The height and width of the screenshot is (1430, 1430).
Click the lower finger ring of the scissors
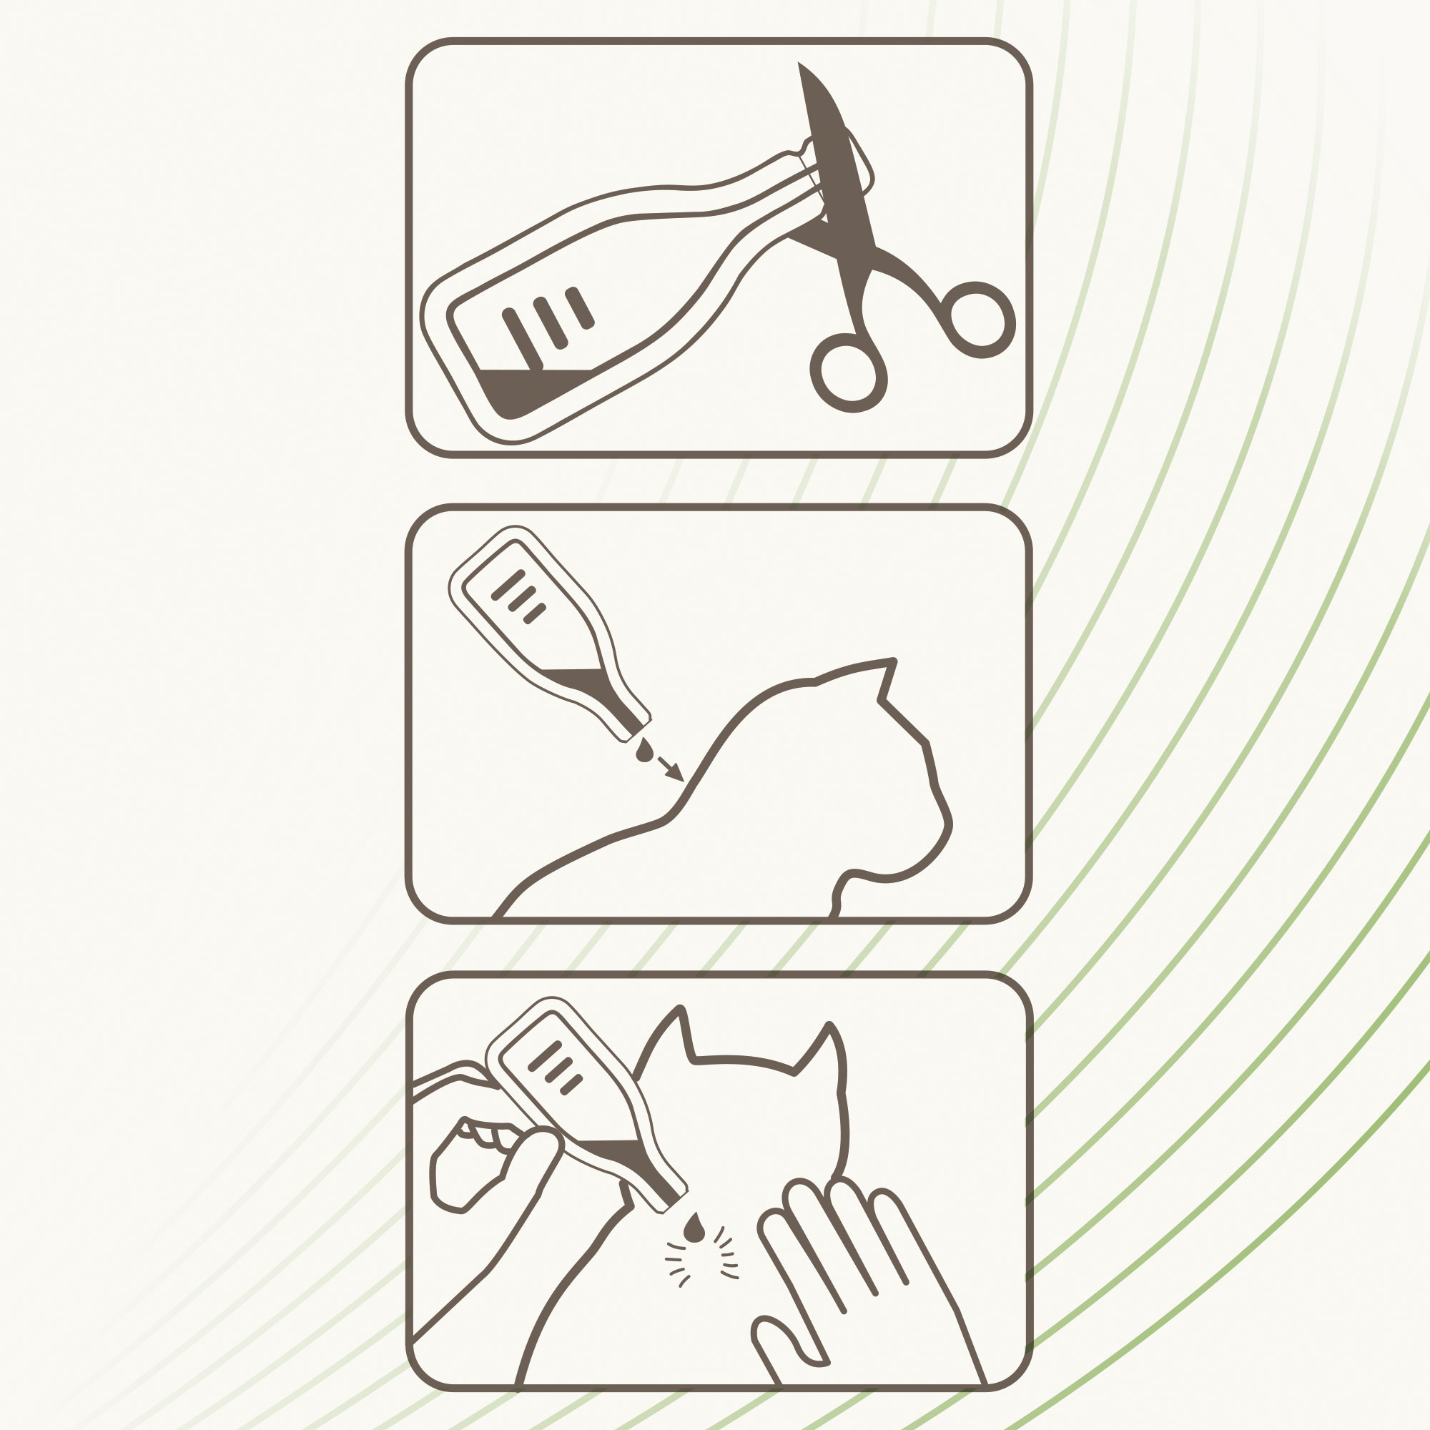tap(848, 373)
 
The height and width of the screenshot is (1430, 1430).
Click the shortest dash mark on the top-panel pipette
tap(580, 308)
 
